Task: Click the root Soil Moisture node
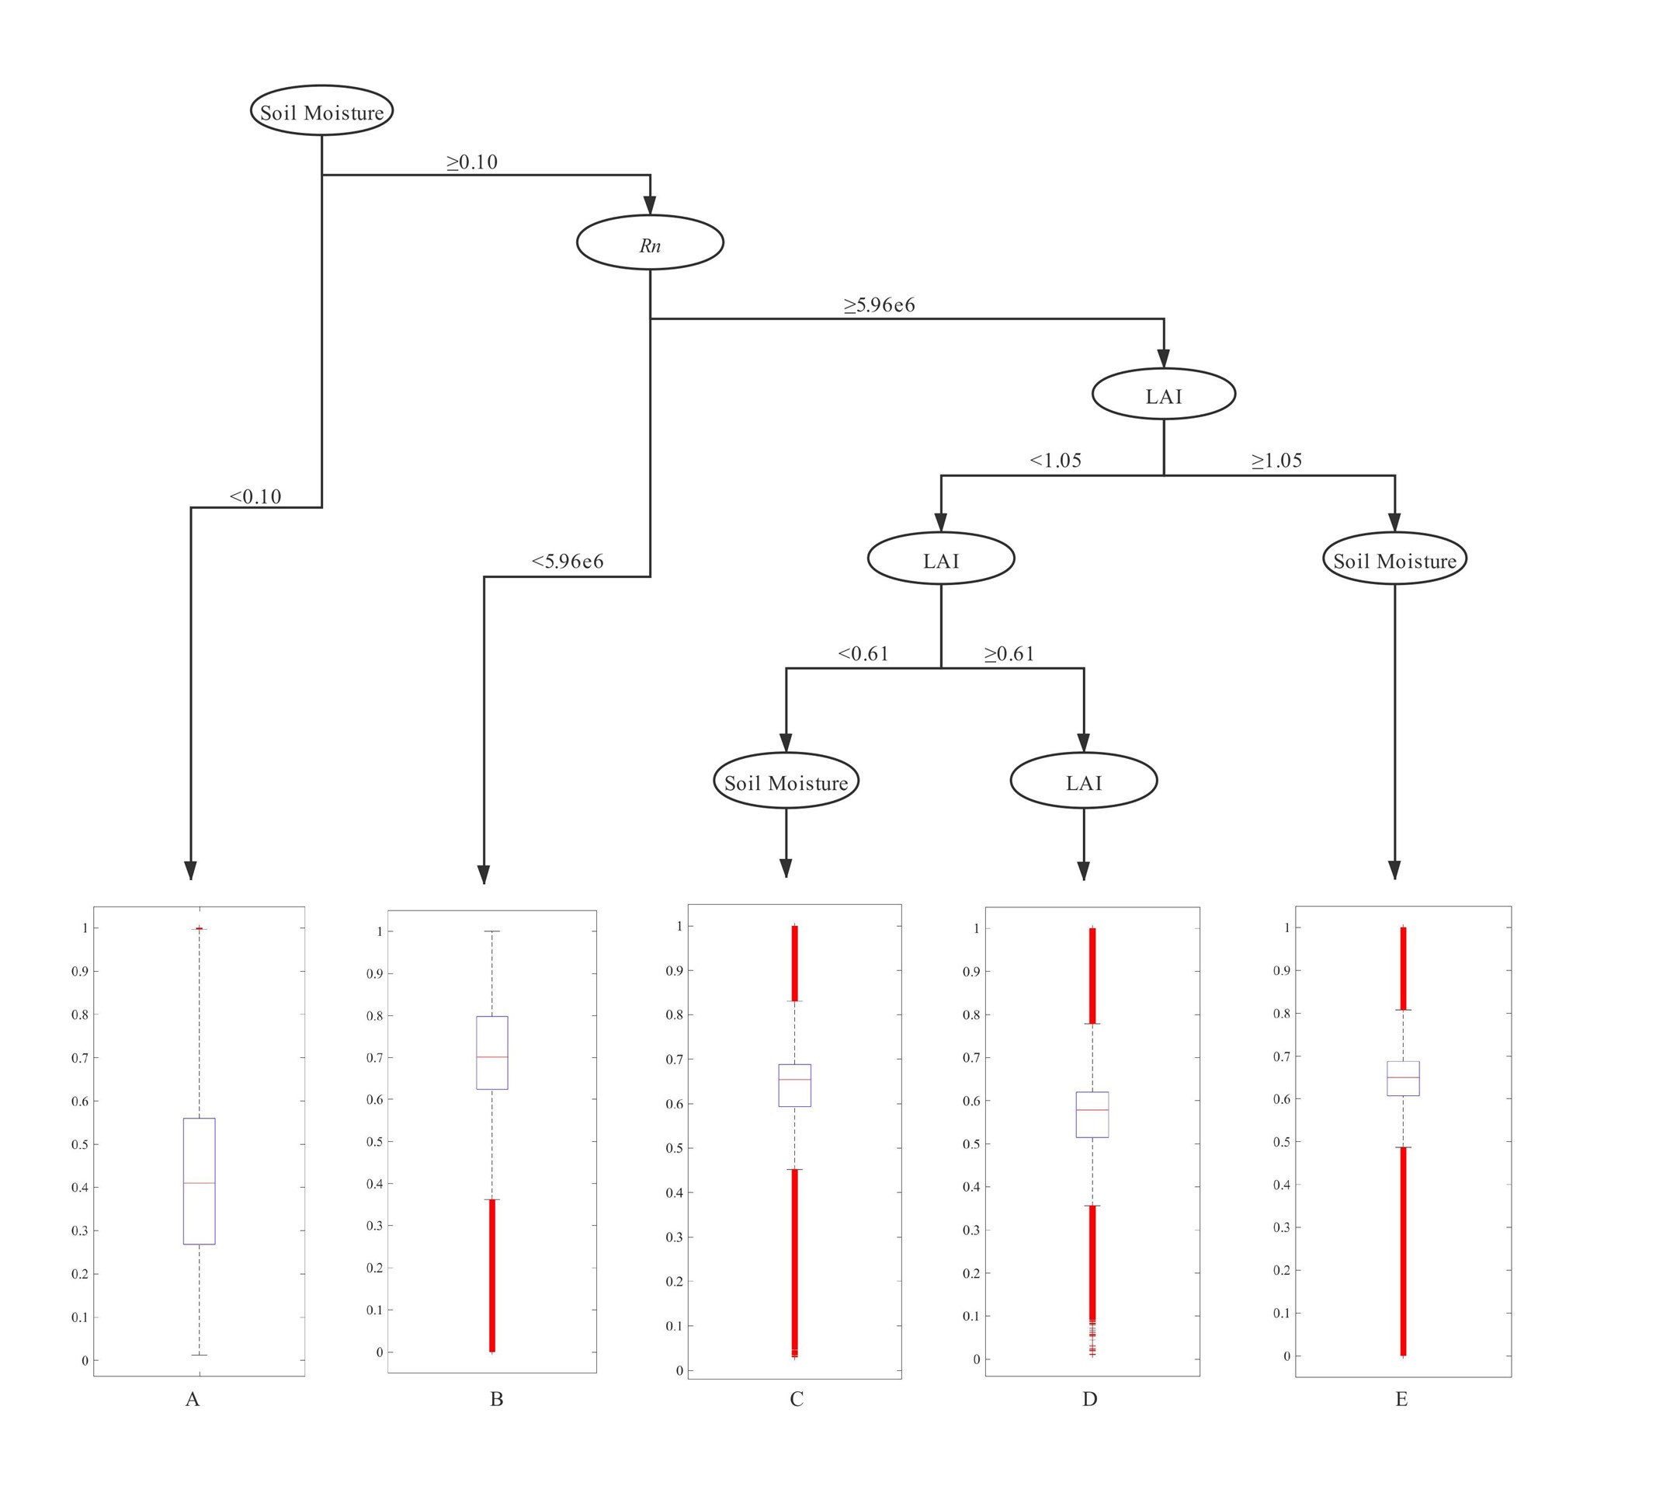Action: tap(321, 111)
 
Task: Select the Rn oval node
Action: tap(650, 242)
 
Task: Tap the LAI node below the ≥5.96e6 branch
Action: tap(1163, 394)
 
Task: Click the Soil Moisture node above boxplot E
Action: tap(1394, 559)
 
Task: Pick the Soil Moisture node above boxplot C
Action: tap(786, 781)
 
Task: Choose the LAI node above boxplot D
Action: tap(1084, 781)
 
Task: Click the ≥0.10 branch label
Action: tap(472, 162)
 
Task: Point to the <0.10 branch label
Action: tap(255, 496)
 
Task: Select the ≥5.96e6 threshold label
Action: tap(880, 305)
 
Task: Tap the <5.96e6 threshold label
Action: tap(568, 562)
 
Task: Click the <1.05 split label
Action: tap(1056, 461)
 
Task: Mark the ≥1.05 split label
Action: tap(1276, 461)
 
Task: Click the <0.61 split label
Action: tap(863, 653)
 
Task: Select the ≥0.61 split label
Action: tap(1009, 653)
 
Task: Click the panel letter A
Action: tap(193, 1400)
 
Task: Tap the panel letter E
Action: tap(1401, 1400)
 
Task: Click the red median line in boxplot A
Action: tap(200, 1183)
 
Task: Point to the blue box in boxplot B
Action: tap(492, 1053)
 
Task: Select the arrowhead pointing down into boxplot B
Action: tap(484, 874)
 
